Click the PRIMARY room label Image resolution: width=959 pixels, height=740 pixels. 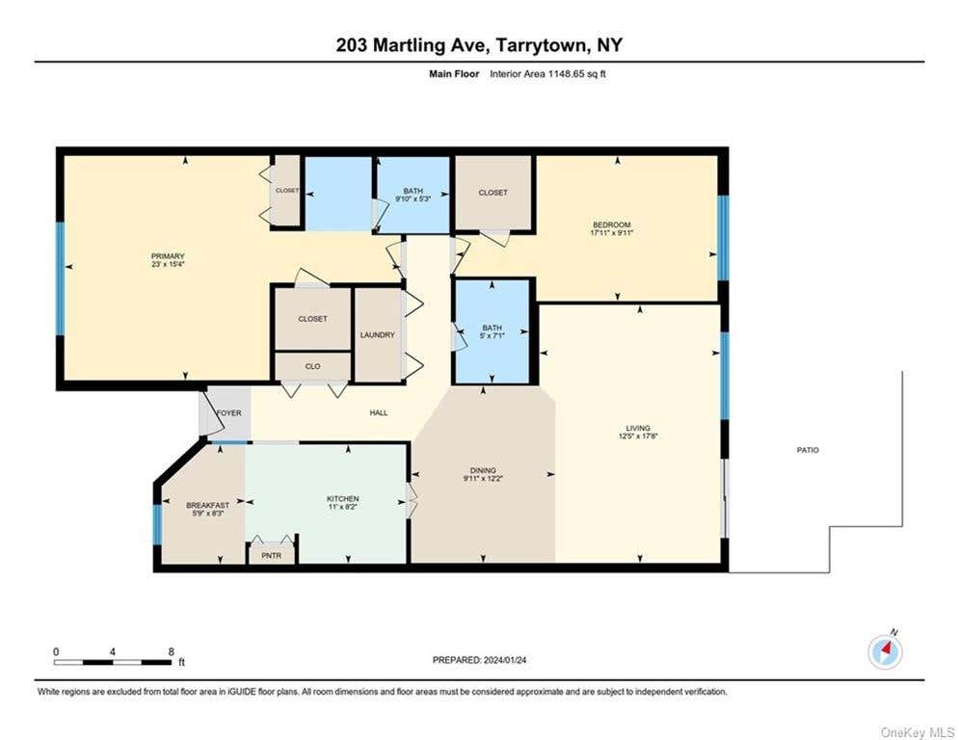(x=168, y=256)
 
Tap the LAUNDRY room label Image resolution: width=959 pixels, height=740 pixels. (x=378, y=335)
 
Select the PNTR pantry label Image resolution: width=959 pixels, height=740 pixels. (x=272, y=556)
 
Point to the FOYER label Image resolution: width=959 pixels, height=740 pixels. (x=228, y=413)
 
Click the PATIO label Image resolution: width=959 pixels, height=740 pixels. (x=808, y=450)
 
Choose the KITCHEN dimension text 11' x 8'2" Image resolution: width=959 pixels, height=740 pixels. (x=342, y=507)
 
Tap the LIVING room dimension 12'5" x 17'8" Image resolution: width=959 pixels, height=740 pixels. (x=638, y=436)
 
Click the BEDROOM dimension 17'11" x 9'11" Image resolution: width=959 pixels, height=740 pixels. (x=611, y=232)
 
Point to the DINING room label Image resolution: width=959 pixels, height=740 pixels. (x=483, y=470)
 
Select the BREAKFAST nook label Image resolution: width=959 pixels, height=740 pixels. (x=208, y=505)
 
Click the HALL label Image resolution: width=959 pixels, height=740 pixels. (x=379, y=412)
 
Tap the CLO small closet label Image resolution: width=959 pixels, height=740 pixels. (x=312, y=366)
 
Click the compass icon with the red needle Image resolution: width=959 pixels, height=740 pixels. (x=885, y=652)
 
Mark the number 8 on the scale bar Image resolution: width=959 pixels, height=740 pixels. (x=172, y=652)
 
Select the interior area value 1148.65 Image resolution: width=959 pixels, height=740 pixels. (x=567, y=74)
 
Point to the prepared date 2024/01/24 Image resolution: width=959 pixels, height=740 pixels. (x=505, y=660)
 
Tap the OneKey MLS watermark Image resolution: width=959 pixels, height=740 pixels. (x=918, y=732)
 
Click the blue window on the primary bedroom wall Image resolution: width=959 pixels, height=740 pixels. (x=60, y=278)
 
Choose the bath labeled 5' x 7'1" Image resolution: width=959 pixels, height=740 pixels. (x=492, y=331)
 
